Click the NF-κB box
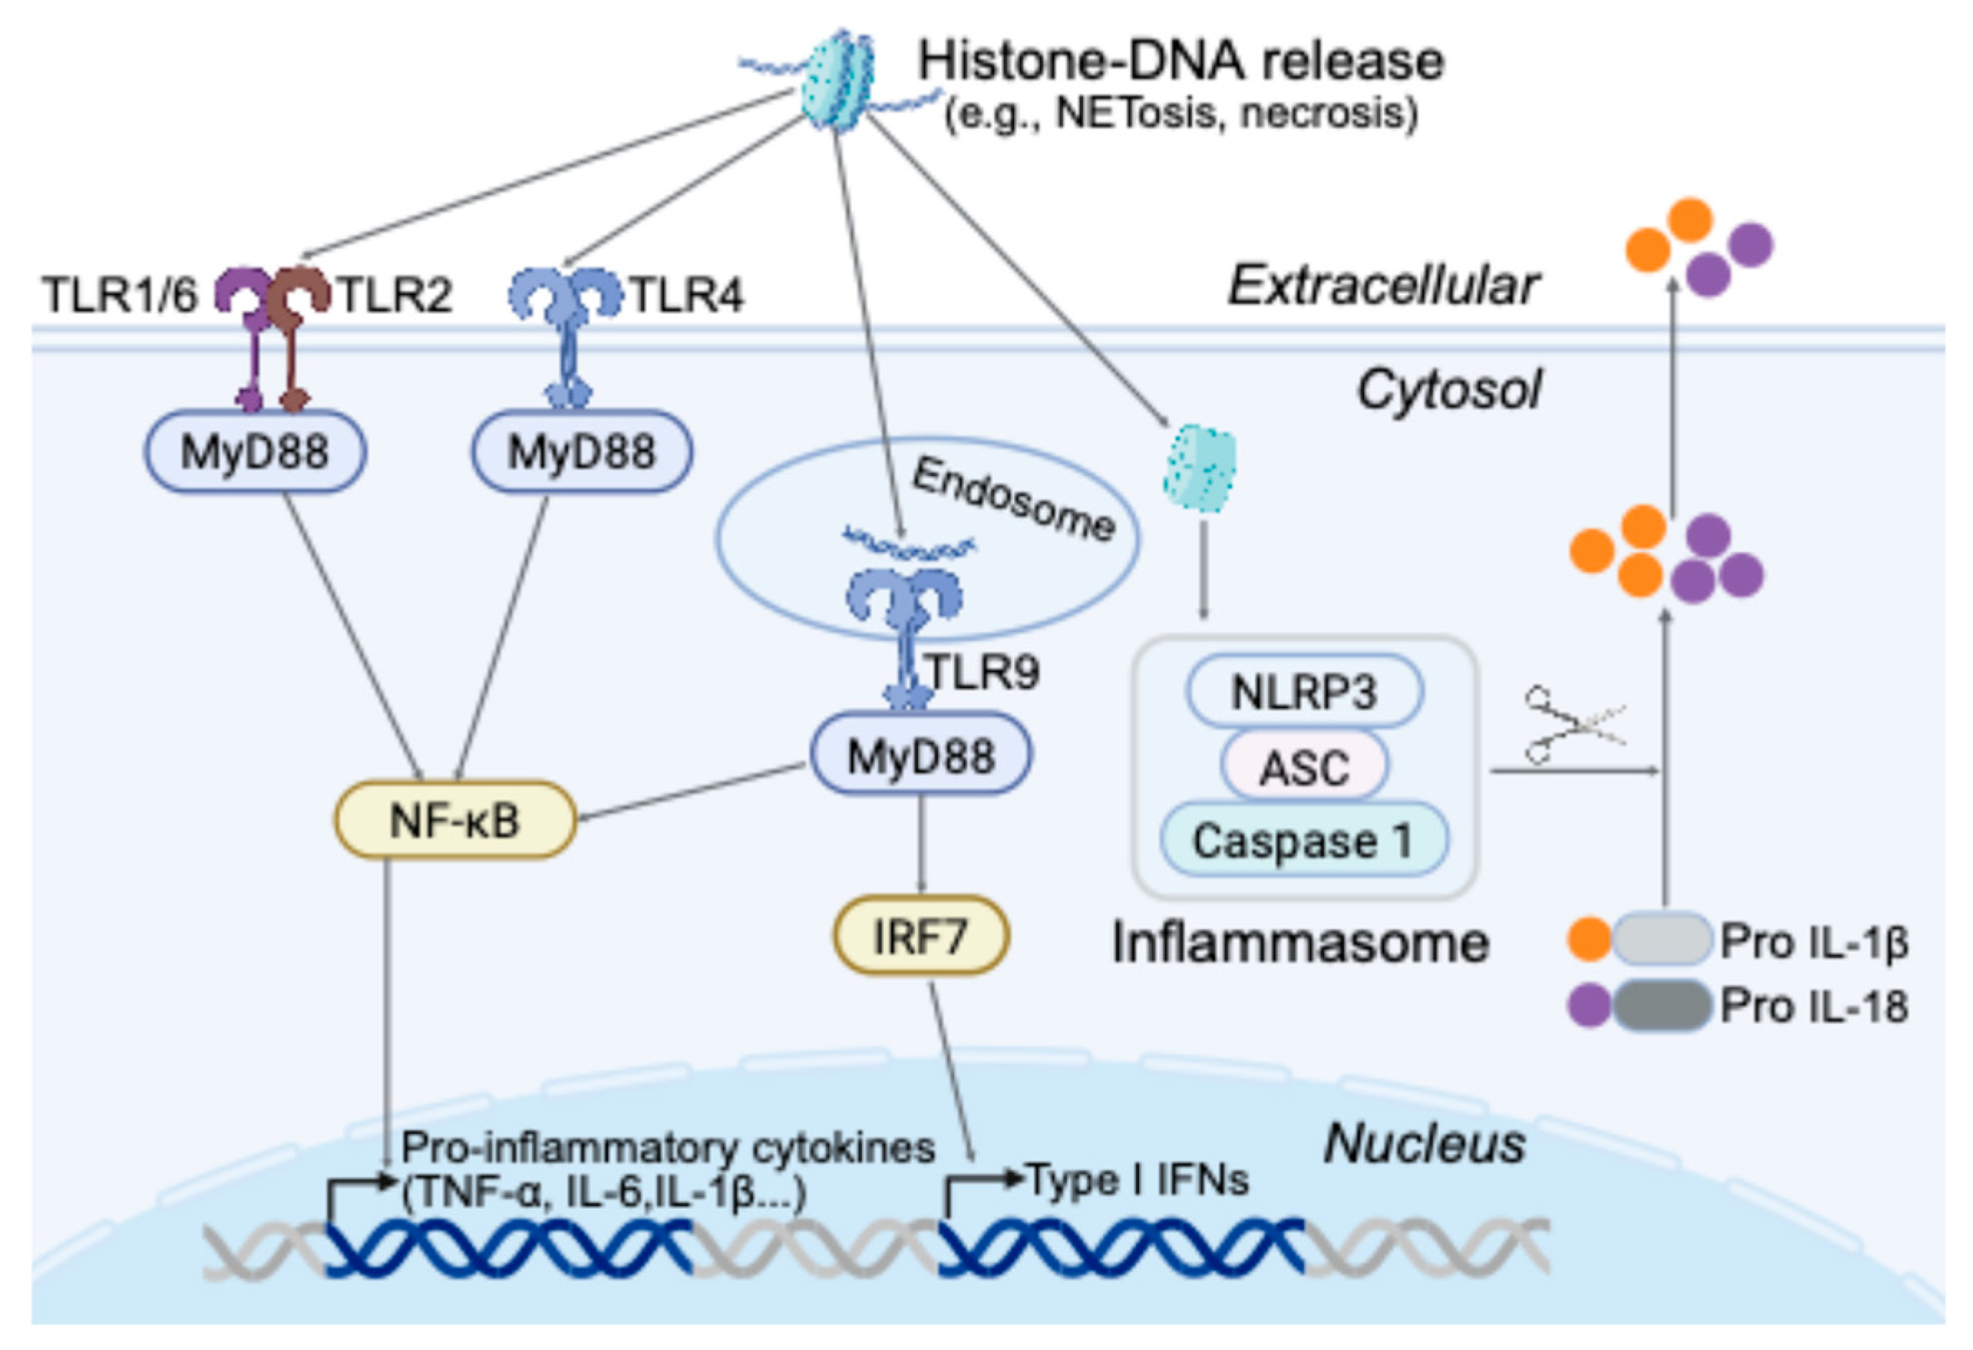tap(455, 820)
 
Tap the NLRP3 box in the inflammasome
tap(1303, 692)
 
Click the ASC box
tap(1304, 768)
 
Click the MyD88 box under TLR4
tap(582, 450)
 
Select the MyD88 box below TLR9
tap(921, 755)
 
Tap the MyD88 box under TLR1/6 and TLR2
tap(255, 450)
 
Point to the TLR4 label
tap(686, 295)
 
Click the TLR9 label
tap(983, 672)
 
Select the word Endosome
tap(1013, 499)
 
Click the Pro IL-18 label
tap(1815, 1007)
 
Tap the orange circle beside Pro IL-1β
tap(1589, 939)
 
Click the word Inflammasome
tap(1300, 943)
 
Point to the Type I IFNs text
tap(1137, 1179)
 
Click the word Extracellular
tap(1383, 285)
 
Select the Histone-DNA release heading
tap(1180, 61)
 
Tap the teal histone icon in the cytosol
tap(1200, 467)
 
